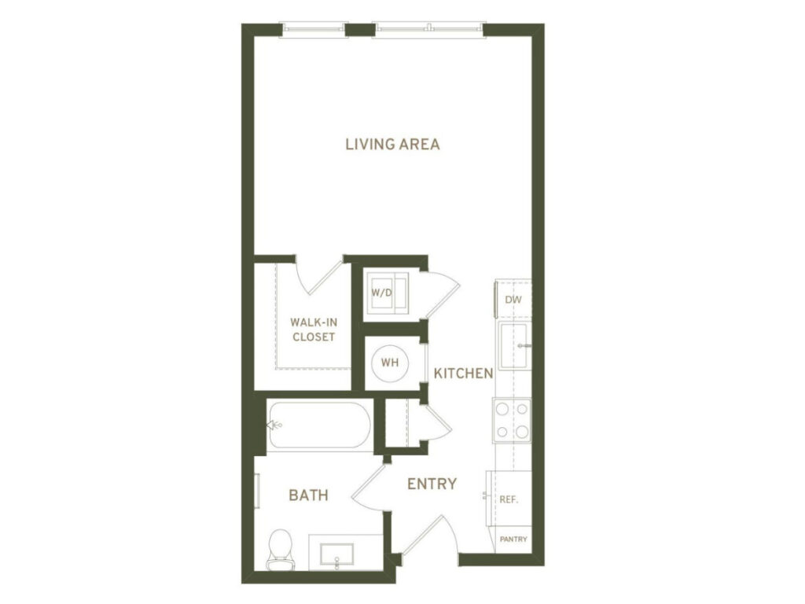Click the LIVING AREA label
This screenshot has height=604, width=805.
(x=392, y=145)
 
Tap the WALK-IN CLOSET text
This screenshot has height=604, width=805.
(x=313, y=330)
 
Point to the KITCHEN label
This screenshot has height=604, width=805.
(x=464, y=374)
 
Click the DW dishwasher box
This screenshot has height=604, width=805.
(x=513, y=300)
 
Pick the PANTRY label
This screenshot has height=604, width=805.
(x=513, y=540)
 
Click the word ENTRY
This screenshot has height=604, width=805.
(x=432, y=484)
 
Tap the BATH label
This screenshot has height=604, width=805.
(x=308, y=495)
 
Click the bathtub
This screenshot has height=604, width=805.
(x=318, y=425)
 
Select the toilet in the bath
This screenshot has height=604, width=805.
(x=279, y=548)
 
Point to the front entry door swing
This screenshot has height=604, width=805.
(x=428, y=535)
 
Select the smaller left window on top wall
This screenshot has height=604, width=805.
(x=314, y=30)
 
